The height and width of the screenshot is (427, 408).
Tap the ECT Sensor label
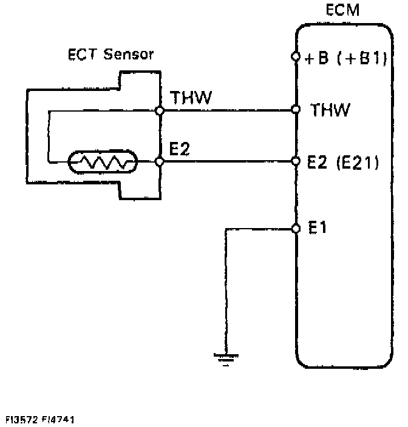tap(109, 55)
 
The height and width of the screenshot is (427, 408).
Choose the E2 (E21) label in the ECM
tap(343, 162)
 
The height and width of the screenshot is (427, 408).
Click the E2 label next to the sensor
tap(180, 149)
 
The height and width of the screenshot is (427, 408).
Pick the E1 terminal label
tap(319, 228)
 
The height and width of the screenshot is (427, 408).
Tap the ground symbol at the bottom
tap(225, 358)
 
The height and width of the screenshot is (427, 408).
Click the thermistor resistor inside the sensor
tap(103, 162)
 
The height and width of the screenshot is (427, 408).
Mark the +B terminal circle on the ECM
tap(296, 58)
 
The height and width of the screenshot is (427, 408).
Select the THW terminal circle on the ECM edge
tap(296, 110)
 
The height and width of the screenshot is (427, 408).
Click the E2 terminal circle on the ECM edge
tap(296, 162)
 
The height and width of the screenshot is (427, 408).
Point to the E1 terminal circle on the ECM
tap(296, 228)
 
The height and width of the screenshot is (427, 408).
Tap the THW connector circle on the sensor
tap(159, 110)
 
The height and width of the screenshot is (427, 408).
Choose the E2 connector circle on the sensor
tap(159, 162)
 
